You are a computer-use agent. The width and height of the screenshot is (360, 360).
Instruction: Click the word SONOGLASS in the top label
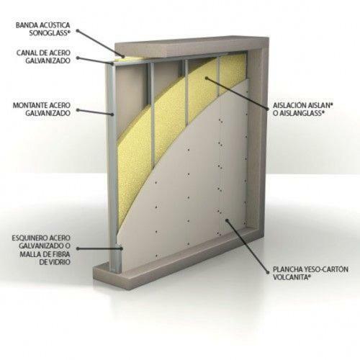pyautogui.click(x=49, y=33)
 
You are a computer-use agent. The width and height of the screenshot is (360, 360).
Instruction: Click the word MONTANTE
pyautogui.click(x=30, y=105)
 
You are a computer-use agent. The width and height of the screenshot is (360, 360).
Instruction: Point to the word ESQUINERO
pyautogui.click(x=29, y=238)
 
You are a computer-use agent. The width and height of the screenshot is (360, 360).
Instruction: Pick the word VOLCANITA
pyautogui.click(x=289, y=277)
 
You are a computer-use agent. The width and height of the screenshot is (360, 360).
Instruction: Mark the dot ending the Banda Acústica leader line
pyautogui.click(x=124, y=57)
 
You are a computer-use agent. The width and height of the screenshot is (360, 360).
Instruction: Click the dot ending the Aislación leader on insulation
pyautogui.click(x=207, y=78)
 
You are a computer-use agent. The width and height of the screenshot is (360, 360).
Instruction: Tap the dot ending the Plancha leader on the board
pyautogui.click(x=227, y=220)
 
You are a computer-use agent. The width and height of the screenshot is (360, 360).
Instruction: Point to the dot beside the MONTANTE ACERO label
pyautogui.click(x=78, y=110)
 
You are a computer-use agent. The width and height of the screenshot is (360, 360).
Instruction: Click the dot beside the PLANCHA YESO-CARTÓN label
pyautogui.click(x=268, y=272)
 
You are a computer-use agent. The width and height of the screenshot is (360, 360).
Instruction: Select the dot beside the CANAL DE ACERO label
pyautogui.click(x=78, y=58)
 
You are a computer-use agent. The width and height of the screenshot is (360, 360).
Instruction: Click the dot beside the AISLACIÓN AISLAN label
pyautogui.click(x=268, y=109)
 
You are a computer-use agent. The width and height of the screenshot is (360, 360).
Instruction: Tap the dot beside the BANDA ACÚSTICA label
pyautogui.click(x=78, y=31)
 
